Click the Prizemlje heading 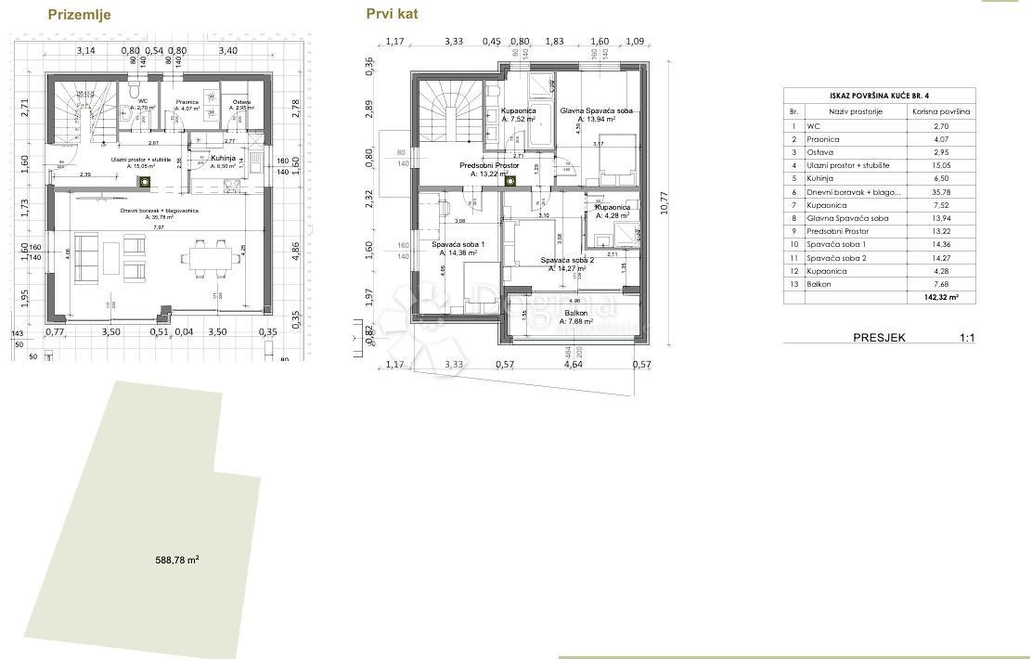pos(80,15)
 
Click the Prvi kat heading pos(392,14)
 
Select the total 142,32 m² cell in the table pos(940,298)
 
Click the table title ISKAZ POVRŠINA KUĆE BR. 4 pos(879,96)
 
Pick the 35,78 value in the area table pos(940,192)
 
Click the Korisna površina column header pos(940,111)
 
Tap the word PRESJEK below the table pos(879,338)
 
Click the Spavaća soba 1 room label pos(458,245)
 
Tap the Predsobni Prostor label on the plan pos(489,166)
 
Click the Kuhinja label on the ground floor pos(223,158)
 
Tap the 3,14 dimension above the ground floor pos(85,50)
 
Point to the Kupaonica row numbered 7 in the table pos(826,205)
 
